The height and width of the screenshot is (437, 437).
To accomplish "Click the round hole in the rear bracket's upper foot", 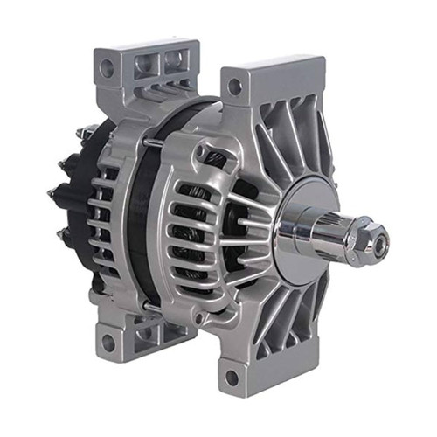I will coord(106,66).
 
